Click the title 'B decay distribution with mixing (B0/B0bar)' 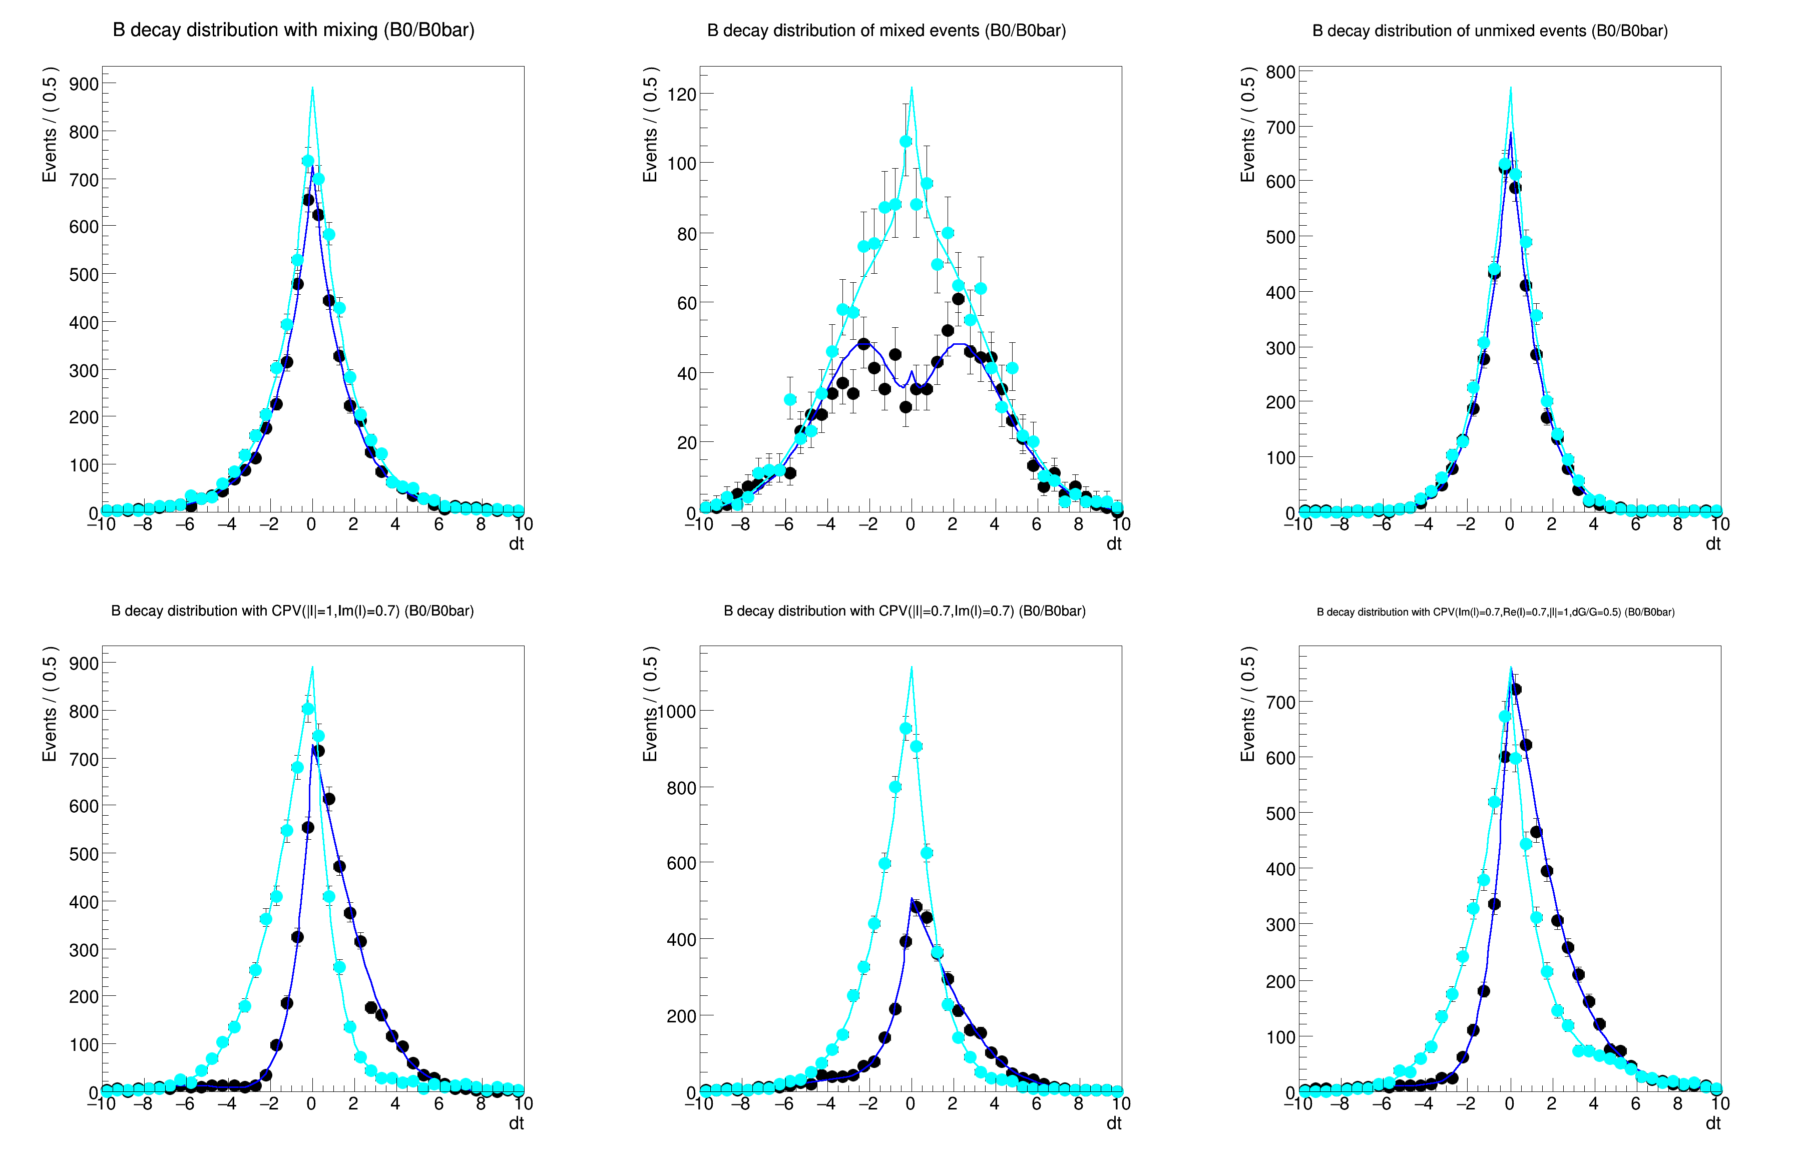point(293,30)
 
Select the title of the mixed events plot point(886,31)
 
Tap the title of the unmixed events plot point(1490,31)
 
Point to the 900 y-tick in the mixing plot point(84,84)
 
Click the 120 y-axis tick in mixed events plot point(681,95)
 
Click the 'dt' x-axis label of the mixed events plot point(1113,544)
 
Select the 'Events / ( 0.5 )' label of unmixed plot point(1247,124)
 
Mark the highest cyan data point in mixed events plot point(906,142)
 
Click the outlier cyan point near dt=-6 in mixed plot point(789,400)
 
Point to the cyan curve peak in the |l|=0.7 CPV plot point(912,668)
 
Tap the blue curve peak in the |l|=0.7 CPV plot point(912,899)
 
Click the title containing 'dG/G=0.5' point(1495,612)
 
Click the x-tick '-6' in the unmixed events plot point(1381,524)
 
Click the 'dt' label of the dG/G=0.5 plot point(1712,1123)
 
